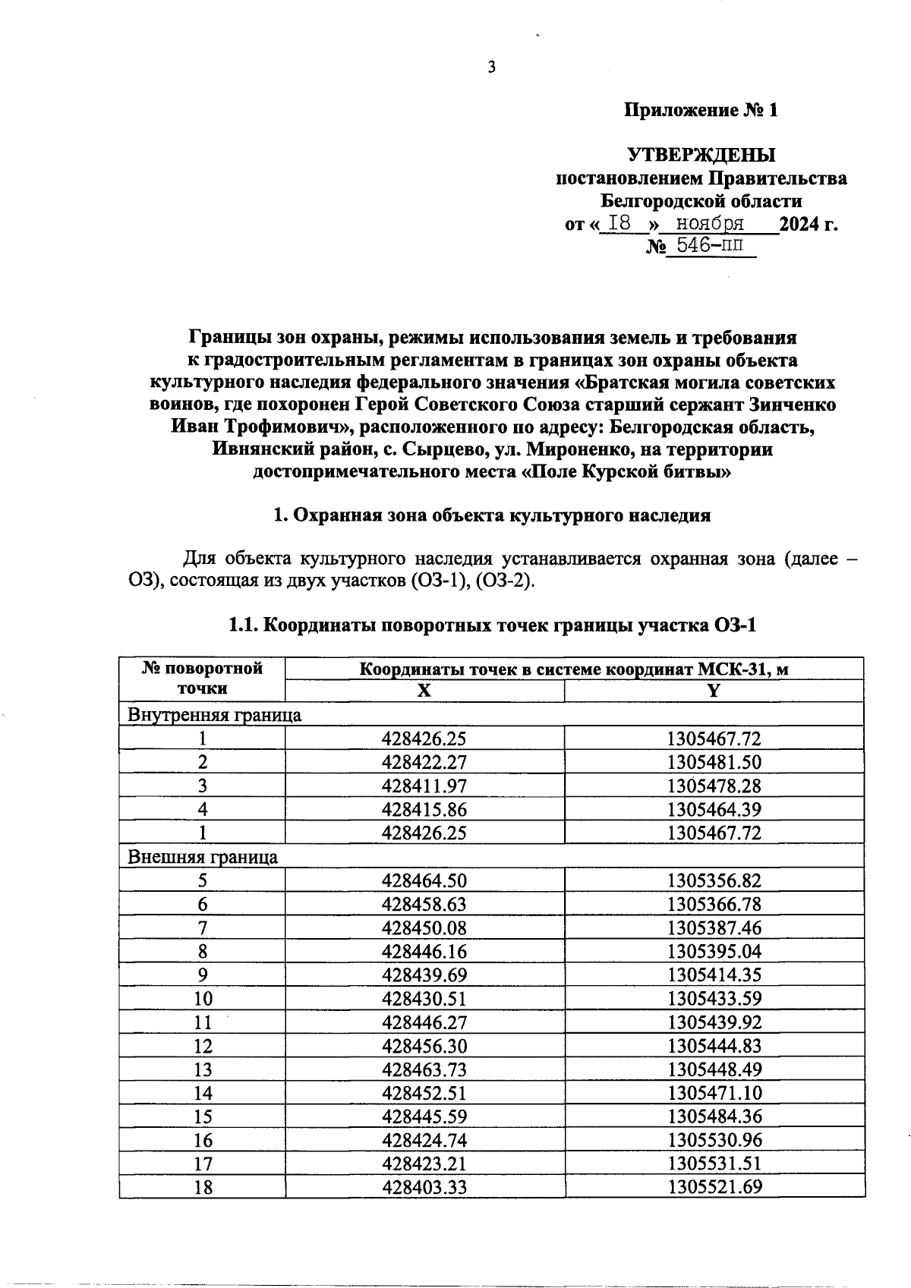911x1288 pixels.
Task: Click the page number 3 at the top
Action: [491, 68]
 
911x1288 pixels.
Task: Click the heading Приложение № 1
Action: [701, 111]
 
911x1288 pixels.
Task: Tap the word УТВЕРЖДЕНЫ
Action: [701, 156]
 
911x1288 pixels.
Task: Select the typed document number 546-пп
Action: [711, 246]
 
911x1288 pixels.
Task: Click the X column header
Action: [424, 691]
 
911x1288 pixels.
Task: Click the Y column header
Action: [714, 691]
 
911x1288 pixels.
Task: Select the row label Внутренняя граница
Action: [214, 715]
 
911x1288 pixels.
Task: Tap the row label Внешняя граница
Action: [203, 857]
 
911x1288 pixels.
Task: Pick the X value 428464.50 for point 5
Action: [424, 880]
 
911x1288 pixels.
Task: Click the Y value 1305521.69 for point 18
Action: [714, 1187]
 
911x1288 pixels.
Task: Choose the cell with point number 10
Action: [203, 999]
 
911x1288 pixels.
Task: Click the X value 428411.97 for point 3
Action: [424, 786]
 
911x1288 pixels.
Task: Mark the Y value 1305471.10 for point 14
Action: [714, 1093]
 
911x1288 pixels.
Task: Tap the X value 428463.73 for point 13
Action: [424, 1069]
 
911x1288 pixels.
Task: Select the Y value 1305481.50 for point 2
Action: [714, 762]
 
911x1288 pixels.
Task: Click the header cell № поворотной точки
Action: [202, 679]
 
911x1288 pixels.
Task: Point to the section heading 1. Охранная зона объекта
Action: [491, 516]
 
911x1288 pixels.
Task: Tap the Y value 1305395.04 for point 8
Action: [714, 952]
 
